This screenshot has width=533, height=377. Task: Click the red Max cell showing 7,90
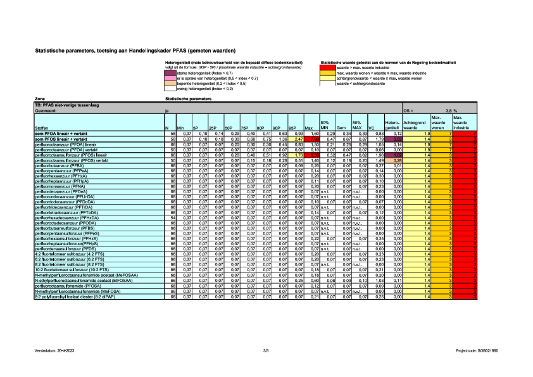coord(312,155)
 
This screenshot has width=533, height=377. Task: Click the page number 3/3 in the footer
coord(266,350)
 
